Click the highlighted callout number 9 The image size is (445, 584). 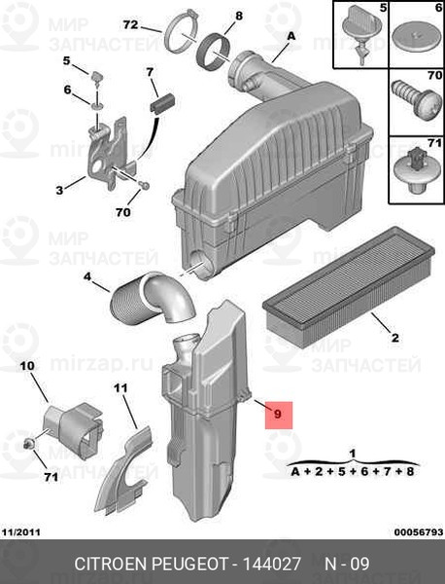tap(278, 415)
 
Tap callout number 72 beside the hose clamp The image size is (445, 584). tap(131, 25)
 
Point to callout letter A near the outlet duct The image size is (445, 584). tap(291, 36)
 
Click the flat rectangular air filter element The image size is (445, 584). tap(349, 287)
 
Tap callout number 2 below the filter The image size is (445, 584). tap(395, 338)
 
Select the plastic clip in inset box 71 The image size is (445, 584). tap(416, 170)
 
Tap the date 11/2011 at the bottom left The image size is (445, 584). tap(21, 531)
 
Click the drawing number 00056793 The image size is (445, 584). tap(419, 531)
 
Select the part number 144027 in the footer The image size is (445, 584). tap(271, 564)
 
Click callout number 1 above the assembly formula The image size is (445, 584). tap(353, 454)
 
